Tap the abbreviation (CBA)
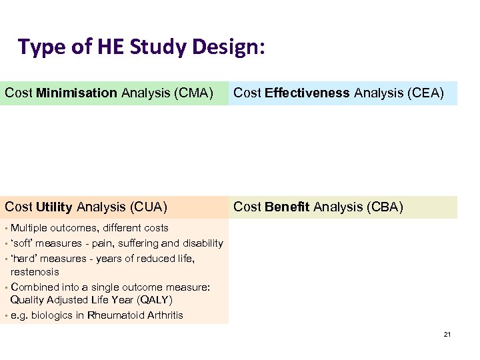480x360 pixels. coord(381,207)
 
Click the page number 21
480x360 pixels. coord(447,333)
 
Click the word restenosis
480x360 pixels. coord(35,272)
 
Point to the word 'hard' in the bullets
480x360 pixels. coord(25,258)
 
